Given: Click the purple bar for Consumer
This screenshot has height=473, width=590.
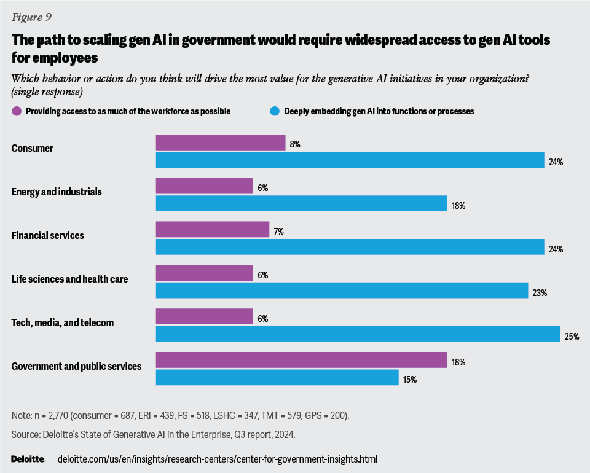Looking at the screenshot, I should click(221, 143).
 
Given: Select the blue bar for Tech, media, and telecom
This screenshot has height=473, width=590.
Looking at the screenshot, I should click(358, 334).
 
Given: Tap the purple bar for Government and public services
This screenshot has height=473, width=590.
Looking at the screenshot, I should click(301, 360).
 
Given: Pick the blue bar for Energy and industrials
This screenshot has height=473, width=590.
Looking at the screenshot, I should click(301, 203).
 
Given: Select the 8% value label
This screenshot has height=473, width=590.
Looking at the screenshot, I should click(296, 144).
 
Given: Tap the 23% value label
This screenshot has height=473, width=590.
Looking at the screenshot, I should click(540, 293).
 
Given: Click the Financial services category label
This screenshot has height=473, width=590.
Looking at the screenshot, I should click(48, 235).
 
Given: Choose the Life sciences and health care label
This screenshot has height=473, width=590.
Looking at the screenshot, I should click(70, 279).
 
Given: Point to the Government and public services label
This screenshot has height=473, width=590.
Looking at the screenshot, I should click(77, 366).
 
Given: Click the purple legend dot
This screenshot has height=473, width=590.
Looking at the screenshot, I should click(17, 111).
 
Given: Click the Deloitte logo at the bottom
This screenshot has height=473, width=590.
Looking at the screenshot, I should click(28, 459).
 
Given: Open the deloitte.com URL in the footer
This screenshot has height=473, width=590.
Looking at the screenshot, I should click(217, 459).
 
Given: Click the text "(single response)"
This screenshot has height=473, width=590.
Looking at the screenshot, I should click(47, 91).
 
